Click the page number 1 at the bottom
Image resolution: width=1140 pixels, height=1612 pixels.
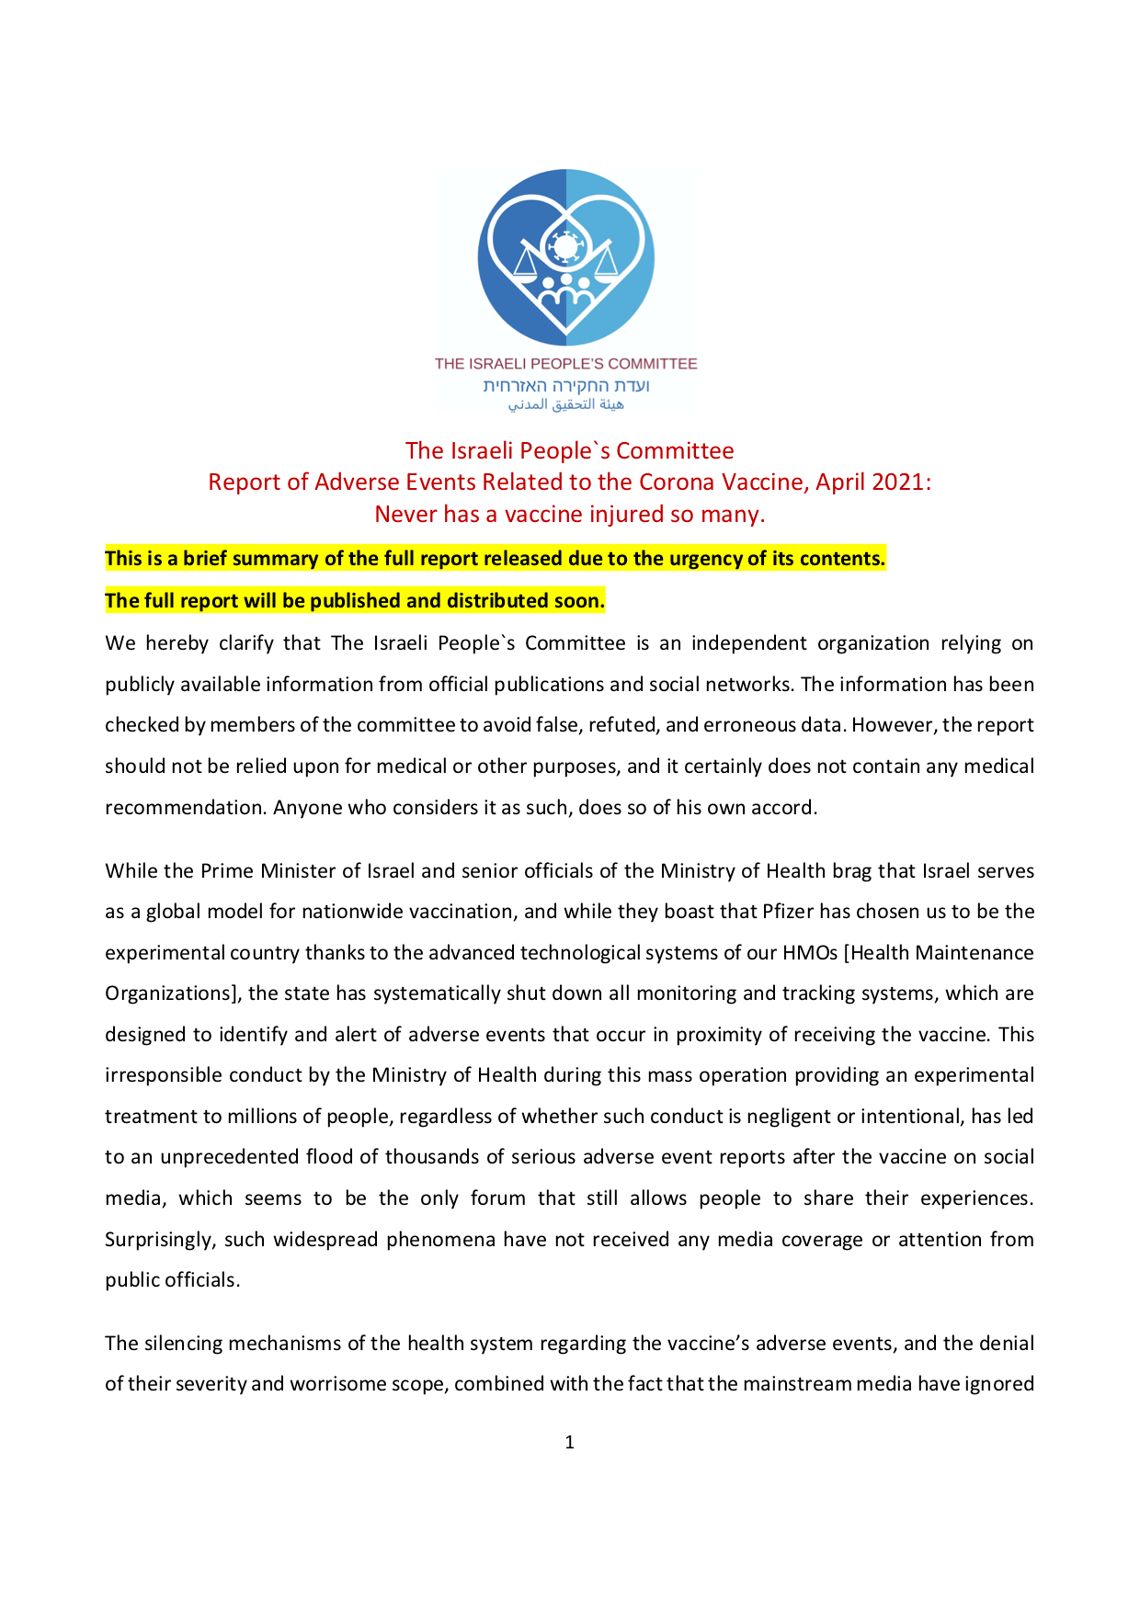point(569,1442)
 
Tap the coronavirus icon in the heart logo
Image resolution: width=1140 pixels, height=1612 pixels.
point(564,246)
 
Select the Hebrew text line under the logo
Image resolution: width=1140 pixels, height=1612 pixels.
point(566,385)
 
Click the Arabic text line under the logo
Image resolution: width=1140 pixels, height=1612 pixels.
point(566,404)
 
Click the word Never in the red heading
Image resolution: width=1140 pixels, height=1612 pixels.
point(405,514)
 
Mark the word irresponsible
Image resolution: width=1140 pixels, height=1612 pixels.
point(164,1075)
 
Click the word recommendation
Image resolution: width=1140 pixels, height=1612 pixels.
point(185,808)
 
